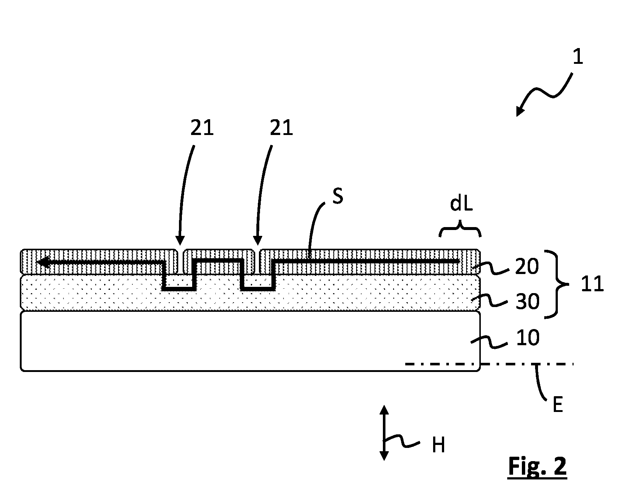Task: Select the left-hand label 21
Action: (x=202, y=128)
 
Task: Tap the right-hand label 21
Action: (x=282, y=128)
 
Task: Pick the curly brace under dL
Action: (x=460, y=230)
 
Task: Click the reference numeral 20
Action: (x=527, y=267)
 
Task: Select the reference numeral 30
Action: (x=527, y=302)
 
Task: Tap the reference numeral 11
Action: (x=592, y=284)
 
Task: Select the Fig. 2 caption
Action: (x=537, y=467)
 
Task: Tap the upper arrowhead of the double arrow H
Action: (x=384, y=410)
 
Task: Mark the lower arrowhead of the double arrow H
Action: (x=384, y=455)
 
